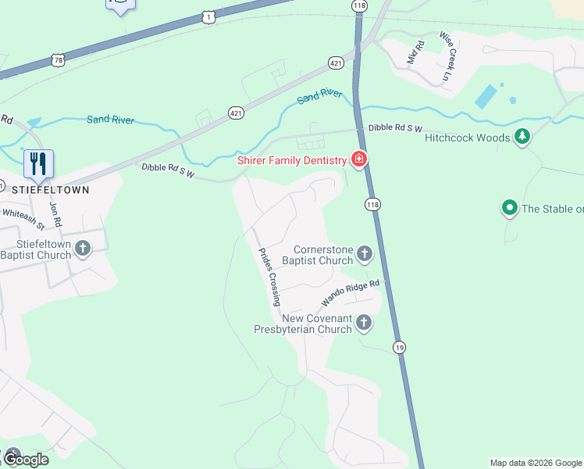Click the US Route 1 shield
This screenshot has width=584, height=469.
[207, 16]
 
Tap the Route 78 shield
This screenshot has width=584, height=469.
[59, 59]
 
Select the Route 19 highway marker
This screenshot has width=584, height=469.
[399, 347]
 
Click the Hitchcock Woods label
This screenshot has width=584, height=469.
[468, 138]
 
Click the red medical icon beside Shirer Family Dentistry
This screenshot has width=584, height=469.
[359, 159]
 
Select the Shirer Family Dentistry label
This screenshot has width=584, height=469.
[291, 161]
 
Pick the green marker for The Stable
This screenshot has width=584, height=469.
[510, 208]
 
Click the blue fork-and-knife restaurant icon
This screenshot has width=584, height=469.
[38, 163]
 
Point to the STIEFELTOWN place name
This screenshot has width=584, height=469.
[51, 189]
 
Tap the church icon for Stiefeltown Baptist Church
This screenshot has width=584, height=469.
[84, 249]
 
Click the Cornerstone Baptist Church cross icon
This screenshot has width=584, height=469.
[364, 253]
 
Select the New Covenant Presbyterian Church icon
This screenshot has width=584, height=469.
[363, 322]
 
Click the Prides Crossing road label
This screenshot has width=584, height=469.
[269, 277]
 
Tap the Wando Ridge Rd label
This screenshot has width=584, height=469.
[351, 294]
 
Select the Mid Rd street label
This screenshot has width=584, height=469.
[415, 53]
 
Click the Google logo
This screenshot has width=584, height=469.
[25, 460]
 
